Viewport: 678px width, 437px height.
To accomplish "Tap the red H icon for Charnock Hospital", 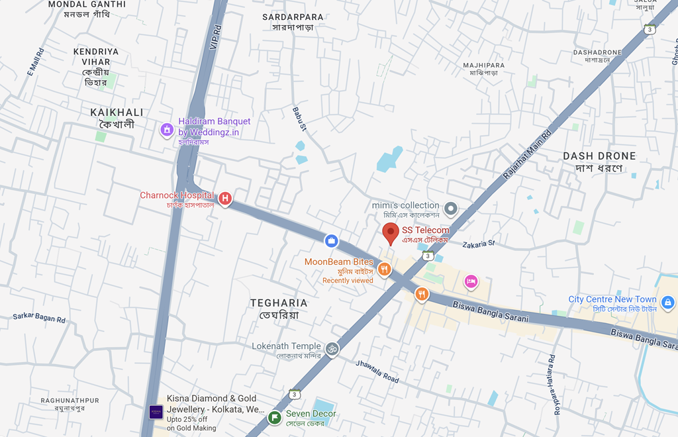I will [225, 197].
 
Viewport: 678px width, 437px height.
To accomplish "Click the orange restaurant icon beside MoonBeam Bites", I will [385, 269].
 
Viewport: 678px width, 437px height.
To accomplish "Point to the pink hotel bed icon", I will [471, 281].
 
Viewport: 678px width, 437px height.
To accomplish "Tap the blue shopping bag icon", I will [331, 240].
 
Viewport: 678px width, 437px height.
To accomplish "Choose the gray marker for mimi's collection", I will [451, 209].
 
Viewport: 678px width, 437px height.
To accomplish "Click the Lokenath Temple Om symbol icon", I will [332, 348].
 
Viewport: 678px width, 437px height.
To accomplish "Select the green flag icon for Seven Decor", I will [274, 417].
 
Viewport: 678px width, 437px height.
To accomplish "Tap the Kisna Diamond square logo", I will [156, 412].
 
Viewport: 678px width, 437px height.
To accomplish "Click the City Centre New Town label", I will [612, 299].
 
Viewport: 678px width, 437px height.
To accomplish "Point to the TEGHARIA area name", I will [279, 303].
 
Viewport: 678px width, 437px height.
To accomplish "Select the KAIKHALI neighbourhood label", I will [117, 113].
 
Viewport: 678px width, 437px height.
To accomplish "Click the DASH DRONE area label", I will [599, 156].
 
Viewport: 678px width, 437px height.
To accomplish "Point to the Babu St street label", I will [300, 119].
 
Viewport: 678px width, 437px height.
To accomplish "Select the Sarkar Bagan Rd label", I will [39, 318].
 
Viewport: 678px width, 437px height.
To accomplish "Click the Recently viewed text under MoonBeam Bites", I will [348, 281].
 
